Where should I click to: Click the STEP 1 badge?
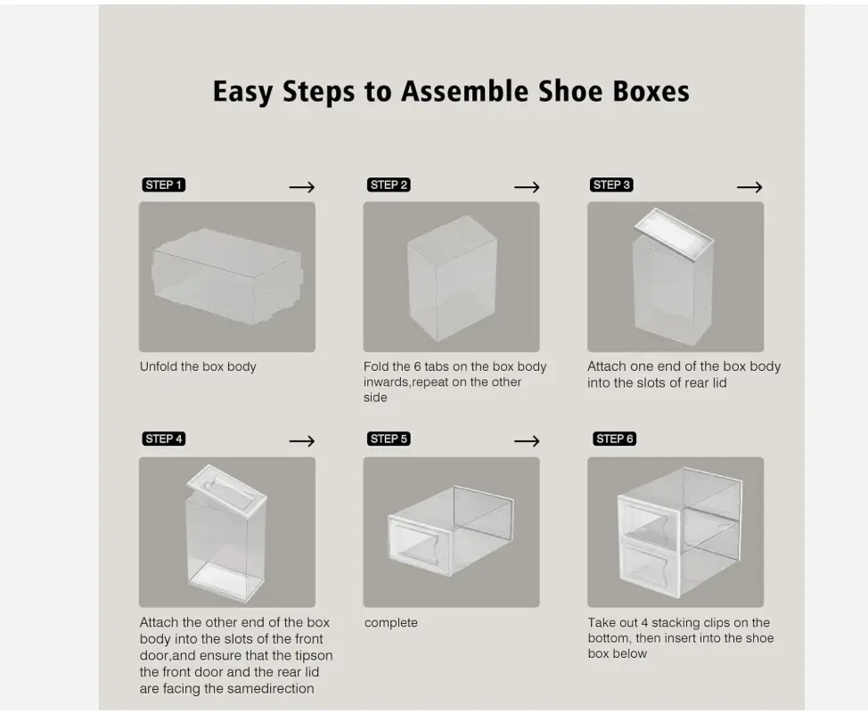point(163,185)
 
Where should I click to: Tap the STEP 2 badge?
point(389,185)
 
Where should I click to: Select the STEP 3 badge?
point(611,185)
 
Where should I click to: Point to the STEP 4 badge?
point(163,439)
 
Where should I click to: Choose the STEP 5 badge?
point(389,439)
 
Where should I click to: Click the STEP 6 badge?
point(615,439)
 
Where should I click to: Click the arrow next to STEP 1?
point(302,187)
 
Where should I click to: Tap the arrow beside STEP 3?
point(749,187)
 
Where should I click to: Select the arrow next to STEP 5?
point(527,441)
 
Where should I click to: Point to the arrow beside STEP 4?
point(302,441)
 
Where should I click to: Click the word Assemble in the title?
point(465,92)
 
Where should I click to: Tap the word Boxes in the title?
point(651,92)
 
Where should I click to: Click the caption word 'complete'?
point(391,623)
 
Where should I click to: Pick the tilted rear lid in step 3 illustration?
point(674,234)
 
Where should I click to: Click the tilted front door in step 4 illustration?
point(227,488)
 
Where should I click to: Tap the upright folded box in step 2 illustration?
point(452,278)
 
